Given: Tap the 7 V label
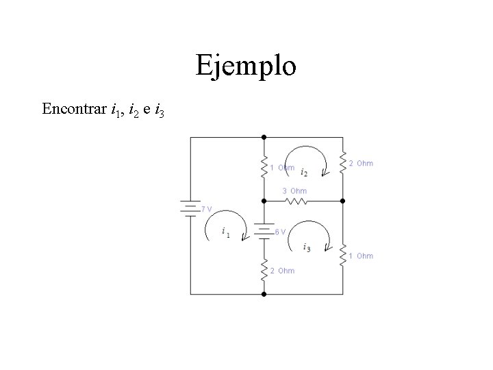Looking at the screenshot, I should [x=206, y=208].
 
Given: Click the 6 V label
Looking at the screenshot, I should [x=280, y=232].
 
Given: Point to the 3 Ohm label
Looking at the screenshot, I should [x=295, y=190].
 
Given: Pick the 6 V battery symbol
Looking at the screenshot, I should [x=264, y=231].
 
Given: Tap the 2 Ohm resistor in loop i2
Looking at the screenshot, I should [x=343, y=162].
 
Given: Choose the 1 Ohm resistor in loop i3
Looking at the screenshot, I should [x=343, y=254].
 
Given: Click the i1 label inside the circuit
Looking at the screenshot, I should [x=226, y=234].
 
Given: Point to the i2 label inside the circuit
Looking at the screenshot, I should [x=304, y=171].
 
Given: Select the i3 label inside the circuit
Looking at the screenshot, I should [x=306, y=248].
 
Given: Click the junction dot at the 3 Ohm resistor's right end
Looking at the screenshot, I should [x=343, y=201].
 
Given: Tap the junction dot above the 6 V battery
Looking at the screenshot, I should [x=264, y=201].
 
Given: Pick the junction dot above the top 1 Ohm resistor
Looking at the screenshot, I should [x=264, y=138].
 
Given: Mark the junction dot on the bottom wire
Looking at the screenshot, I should [x=264, y=294].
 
